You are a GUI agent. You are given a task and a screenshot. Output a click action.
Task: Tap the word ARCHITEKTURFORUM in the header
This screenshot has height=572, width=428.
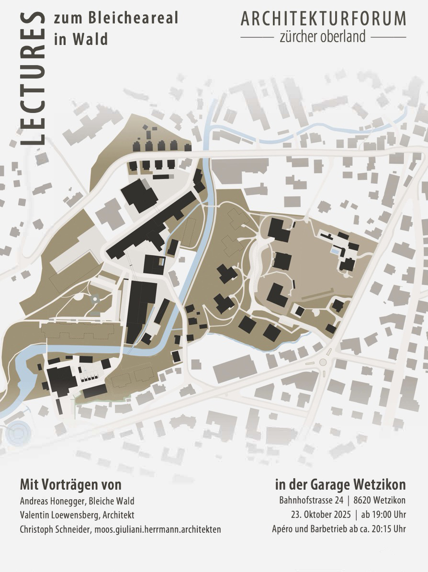[x=324, y=19]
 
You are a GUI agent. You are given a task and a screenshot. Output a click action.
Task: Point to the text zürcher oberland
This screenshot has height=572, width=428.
[x=323, y=36]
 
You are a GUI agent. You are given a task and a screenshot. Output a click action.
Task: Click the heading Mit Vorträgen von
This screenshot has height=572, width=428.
[x=70, y=484]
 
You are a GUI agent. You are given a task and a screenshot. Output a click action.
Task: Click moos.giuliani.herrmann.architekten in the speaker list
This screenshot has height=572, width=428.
[x=158, y=529]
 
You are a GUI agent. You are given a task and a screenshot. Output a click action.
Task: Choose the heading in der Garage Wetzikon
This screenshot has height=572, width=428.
[x=340, y=484]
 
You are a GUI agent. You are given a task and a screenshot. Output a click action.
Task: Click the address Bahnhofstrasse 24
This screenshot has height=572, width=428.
[x=311, y=501]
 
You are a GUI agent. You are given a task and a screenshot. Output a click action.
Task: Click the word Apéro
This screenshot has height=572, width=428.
[x=283, y=529]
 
